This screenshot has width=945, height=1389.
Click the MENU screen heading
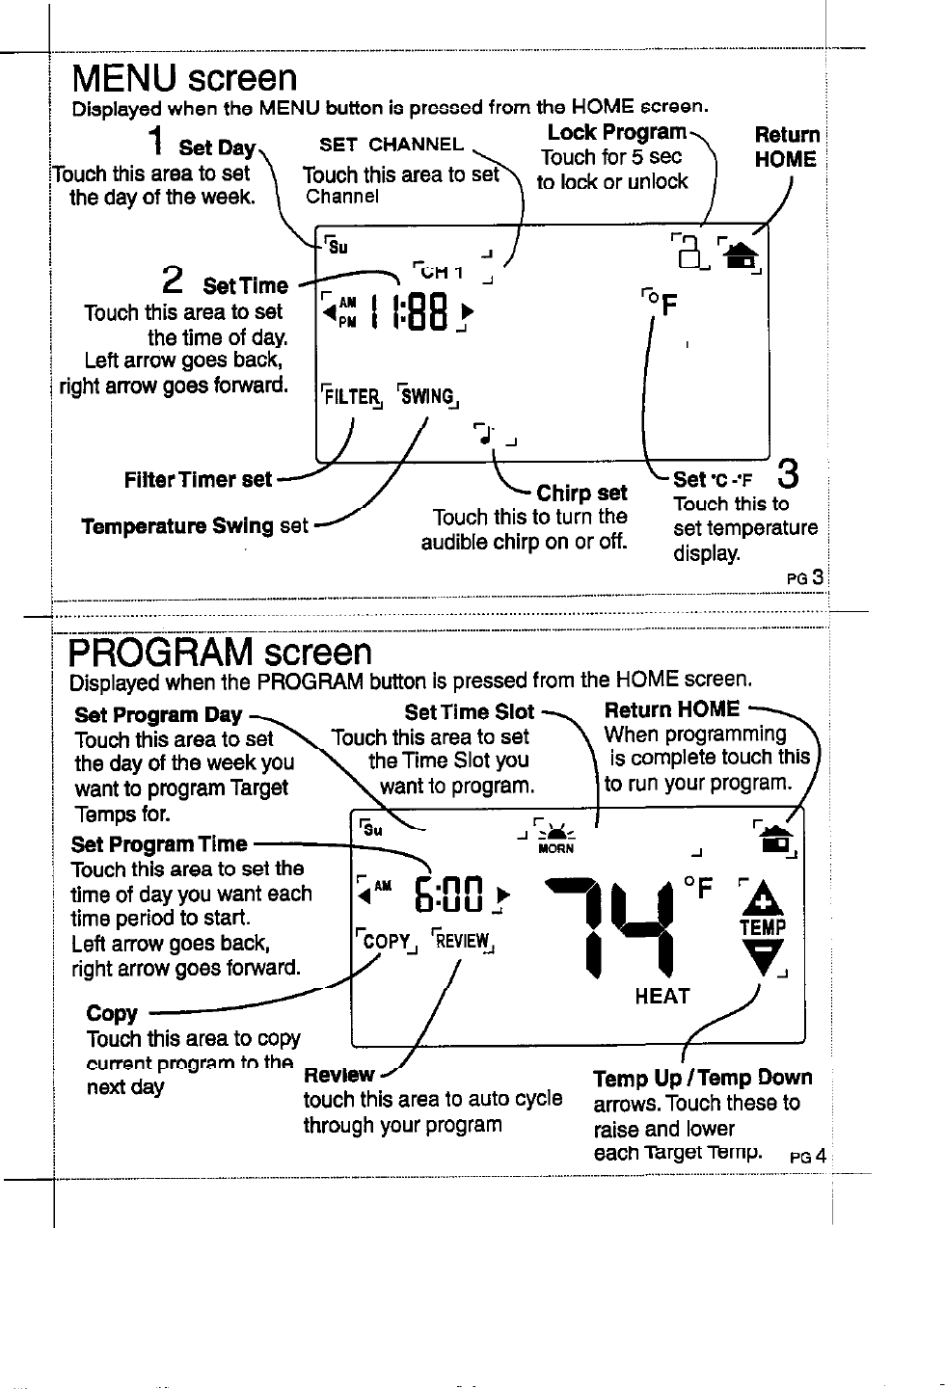pyautogui.click(x=185, y=78)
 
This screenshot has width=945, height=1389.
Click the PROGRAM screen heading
pyautogui.click(x=220, y=653)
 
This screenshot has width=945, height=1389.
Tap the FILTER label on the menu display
pyautogui.click(x=351, y=397)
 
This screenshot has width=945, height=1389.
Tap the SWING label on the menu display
pyautogui.click(x=427, y=397)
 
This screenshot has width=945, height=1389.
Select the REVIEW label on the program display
pyautogui.click(x=463, y=941)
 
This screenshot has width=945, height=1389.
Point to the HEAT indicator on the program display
pyautogui.click(x=662, y=997)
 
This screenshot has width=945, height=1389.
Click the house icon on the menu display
pyautogui.click(x=741, y=255)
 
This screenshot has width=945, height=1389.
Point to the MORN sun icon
pyautogui.click(x=555, y=835)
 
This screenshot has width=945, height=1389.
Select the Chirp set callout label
pyautogui.click(x=581, y=494)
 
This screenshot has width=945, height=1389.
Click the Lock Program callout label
pyautogui.click(x=617, y=132)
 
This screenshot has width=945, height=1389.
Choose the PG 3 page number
pyautogui.click(x=806, y=578)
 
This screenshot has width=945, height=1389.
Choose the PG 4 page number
pyautogui.click(x=807, y=1157)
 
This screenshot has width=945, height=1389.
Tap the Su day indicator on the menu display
pyautogui.click(x=337, y=247)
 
